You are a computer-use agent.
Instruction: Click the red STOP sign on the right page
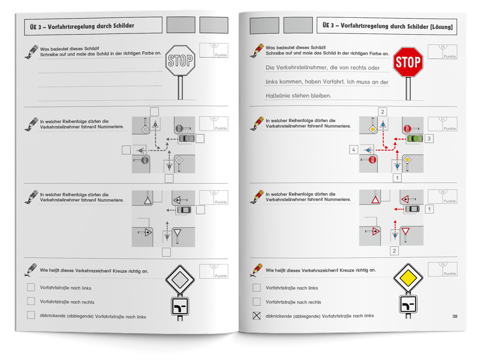(408, 62)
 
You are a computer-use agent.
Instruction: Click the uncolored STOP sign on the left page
(180, 60)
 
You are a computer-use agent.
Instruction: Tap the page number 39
(455, 316)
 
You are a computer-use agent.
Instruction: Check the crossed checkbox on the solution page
(257, 316)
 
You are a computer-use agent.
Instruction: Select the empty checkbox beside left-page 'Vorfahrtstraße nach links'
(31, 288)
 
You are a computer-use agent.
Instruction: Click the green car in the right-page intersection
(414, 139)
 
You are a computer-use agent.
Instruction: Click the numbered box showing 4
(354, 150)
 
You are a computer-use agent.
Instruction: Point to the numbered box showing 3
(430, 139)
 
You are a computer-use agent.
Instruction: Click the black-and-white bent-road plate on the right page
(408, 304)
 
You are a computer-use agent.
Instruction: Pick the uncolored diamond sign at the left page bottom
(180, 279)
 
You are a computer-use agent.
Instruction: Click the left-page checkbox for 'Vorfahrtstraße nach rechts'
(31, 301)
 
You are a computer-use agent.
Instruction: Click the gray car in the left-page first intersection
(186, 139)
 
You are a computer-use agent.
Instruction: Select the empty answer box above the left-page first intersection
(154, 111)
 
